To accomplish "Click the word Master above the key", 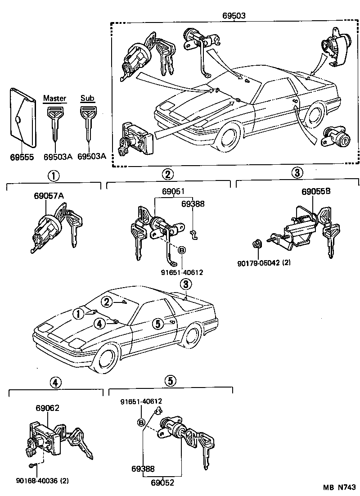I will [54, 99].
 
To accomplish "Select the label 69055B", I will [315, 191].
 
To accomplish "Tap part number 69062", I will [48, 408].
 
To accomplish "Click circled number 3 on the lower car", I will [184, 284].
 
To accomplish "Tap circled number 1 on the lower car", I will [78, 313].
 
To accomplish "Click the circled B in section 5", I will [141, 423].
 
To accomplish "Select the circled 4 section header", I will [54, 383].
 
